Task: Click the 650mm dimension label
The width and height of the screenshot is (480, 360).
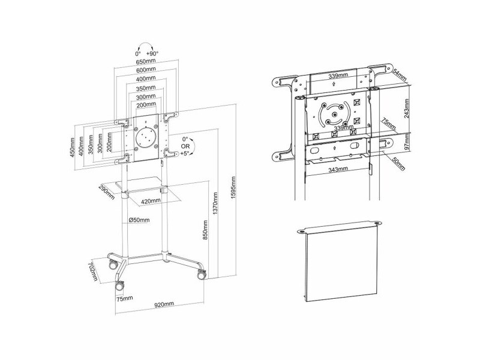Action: coord(146,62)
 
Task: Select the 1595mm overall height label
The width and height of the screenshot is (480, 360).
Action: coord(234,188)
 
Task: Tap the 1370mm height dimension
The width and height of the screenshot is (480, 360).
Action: coord(215,203)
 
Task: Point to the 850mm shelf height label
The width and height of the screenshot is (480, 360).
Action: coord(205,230)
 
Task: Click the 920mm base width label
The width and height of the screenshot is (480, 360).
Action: coord(164,304)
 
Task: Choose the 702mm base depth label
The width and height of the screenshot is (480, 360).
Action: coord(93,271)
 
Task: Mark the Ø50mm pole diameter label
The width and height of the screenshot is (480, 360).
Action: coord(139,220)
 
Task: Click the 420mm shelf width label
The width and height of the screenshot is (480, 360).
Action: coord(151,201)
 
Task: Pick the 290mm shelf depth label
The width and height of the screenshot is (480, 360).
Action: coord(107,192)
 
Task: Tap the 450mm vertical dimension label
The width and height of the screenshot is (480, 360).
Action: coord(73,147)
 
